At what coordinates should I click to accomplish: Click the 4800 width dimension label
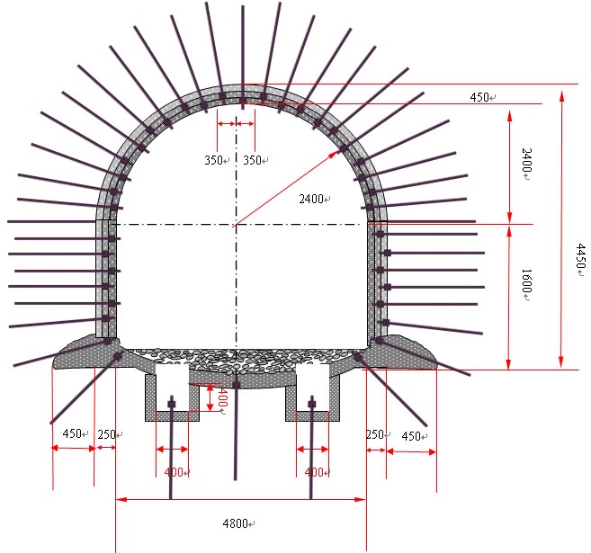(x=235, y=523)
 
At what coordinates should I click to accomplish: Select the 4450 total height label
(x=580, y=255)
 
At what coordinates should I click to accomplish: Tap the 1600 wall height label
(x=526, y=281)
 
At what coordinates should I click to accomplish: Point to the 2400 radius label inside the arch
(x=311, y=199)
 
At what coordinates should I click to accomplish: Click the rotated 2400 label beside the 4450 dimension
(x=526, y=160)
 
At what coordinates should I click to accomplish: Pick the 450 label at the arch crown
(x=479, y=97)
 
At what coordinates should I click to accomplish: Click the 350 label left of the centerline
(x=213, y=160)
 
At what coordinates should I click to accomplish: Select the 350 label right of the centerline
(x=252, y=160)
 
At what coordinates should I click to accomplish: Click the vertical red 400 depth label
(x=222, y=397)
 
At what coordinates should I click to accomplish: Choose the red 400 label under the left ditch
(x=174, y=472)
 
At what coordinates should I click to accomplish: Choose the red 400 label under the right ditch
(x=314, y=472)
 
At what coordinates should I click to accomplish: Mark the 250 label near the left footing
(x=106, y=434)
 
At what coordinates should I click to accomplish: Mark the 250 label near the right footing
(x=375, y=434)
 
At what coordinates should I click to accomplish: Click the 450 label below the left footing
(x=72, y=433)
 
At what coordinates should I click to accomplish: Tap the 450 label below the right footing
(x=411, y=436)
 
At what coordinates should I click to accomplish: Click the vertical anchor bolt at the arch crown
(x=243, y=58)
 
